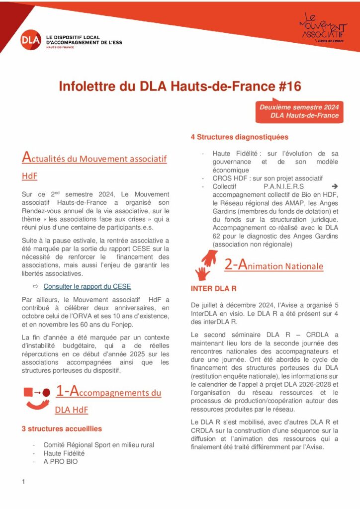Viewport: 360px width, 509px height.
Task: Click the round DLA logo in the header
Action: tap(31, 40)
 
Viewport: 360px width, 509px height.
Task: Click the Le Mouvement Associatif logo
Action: tap(323, 27)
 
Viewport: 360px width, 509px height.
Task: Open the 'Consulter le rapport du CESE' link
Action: tap(87, 286)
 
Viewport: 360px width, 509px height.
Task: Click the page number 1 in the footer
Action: tap(23, 482)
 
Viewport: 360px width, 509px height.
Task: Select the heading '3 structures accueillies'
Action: tap(62, 428)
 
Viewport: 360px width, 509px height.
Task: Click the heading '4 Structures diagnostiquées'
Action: tap(239, 137)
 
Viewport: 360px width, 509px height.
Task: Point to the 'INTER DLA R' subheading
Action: tap(213, 289)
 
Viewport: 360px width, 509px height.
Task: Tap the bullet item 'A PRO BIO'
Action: tap(60, 461)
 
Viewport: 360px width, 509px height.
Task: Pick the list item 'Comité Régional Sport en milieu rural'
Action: tap(98, 444)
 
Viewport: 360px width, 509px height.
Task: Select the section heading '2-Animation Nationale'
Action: tap(273, 265)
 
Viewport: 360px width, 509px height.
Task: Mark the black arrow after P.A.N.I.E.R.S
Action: tap(334, 186)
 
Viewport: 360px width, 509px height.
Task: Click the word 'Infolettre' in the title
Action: tap(88, 86)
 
